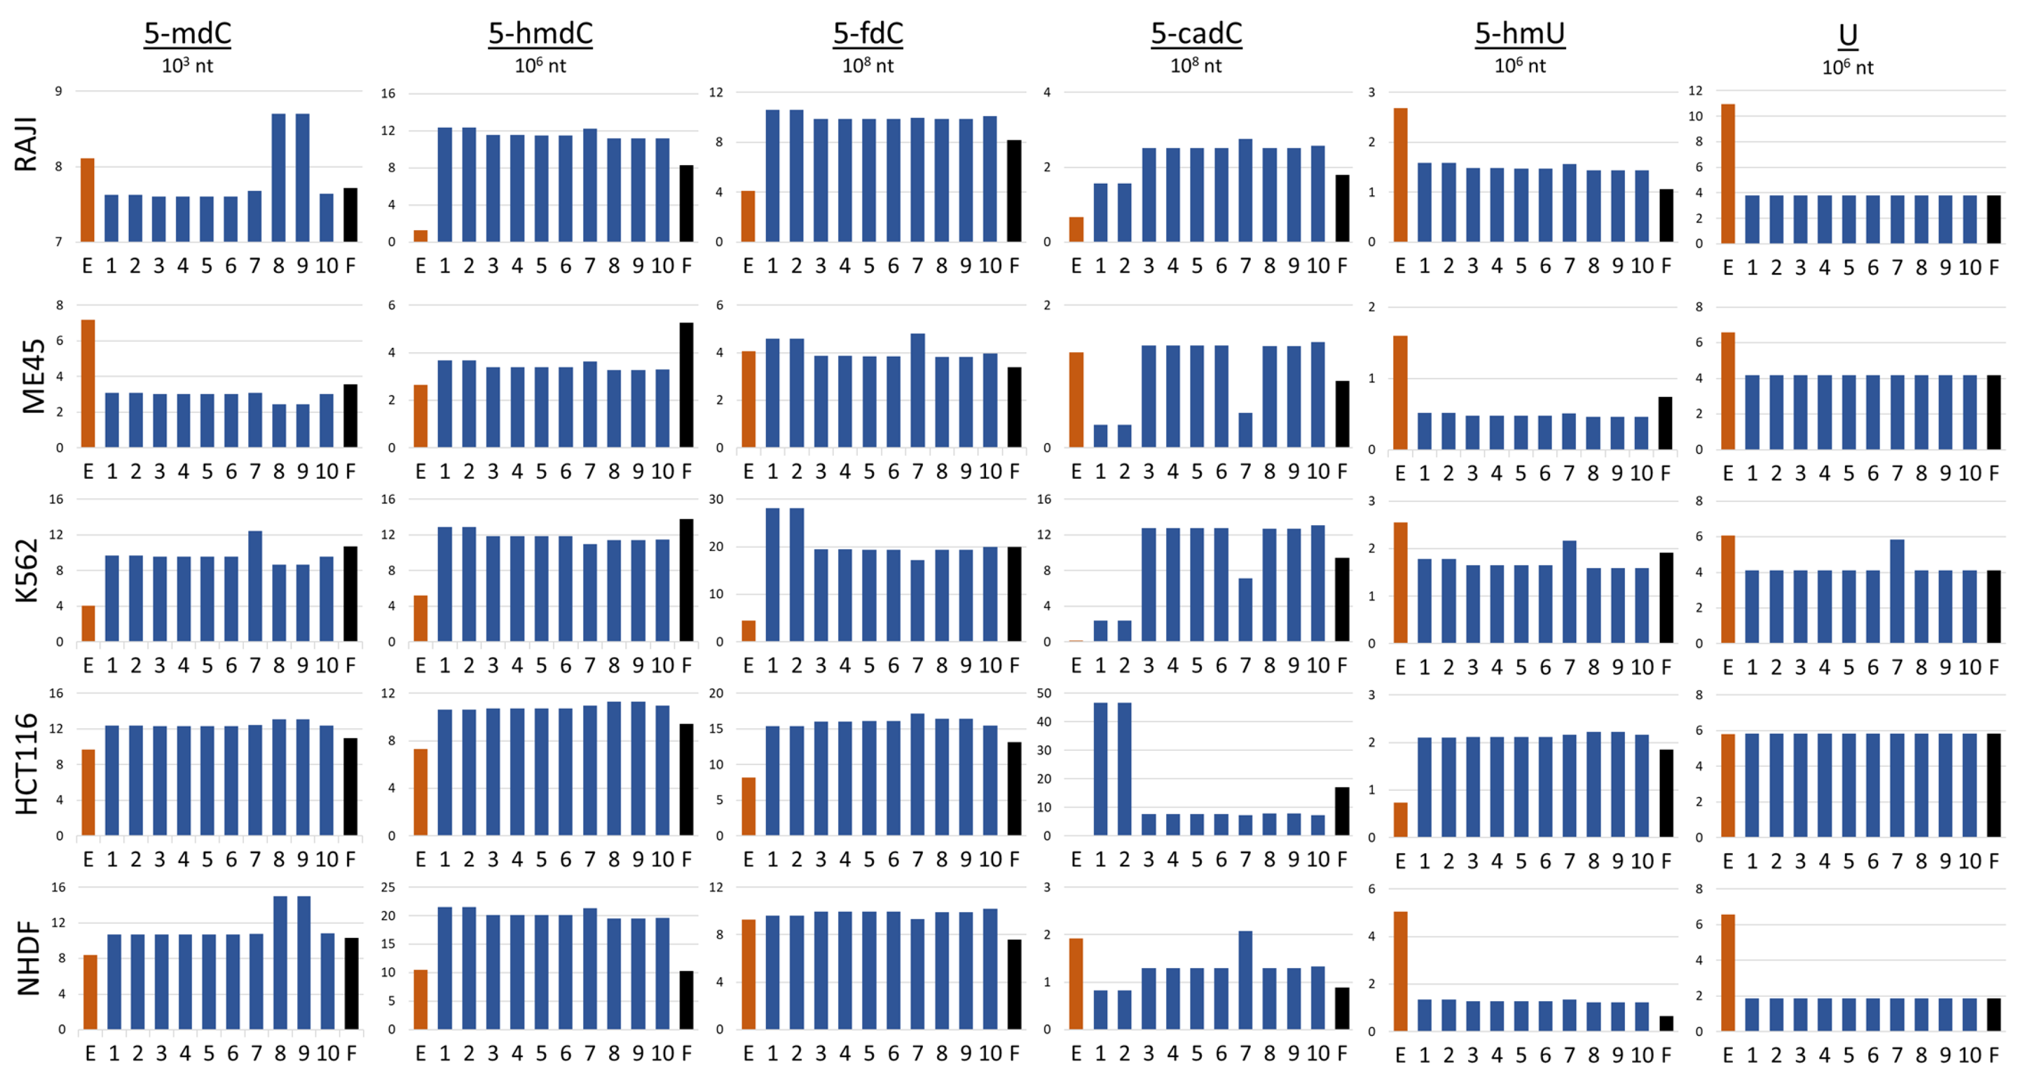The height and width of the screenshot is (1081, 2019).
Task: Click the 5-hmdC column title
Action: tap(540, 34)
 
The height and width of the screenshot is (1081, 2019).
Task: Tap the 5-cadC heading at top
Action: tap(1196, 34)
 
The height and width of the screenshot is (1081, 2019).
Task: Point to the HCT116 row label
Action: tap(26, 765)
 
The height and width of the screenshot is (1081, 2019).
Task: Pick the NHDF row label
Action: tap(28, 958)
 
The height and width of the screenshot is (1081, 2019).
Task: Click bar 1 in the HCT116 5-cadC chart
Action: tap(1101, 768)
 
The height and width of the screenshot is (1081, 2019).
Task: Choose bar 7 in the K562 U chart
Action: tap(1897, 591)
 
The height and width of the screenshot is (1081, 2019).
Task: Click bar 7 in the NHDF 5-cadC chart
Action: tap(1245, 980)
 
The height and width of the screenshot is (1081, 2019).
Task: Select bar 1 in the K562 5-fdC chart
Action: tap(773, 575)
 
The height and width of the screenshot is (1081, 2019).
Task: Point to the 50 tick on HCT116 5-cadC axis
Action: tap(1043, 694)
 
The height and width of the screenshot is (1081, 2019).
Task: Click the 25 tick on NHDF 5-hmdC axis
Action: tap(387, 887)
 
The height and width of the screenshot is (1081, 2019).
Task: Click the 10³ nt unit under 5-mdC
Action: tap(187, 66)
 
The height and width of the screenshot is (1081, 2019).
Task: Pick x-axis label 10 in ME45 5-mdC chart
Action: tap(327, 472)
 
